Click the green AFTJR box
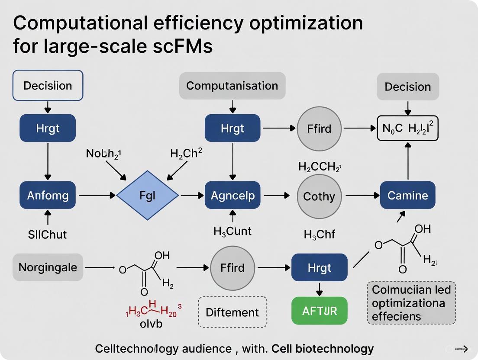320,310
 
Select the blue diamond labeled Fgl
148,195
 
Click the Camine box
407,195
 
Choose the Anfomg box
48,195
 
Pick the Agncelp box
233,195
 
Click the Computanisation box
232,86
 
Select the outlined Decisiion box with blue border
48,85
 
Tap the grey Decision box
407,87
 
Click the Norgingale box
48,267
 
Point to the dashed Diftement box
232,312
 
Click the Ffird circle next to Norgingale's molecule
232,268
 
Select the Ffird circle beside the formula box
319,128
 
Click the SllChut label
48,234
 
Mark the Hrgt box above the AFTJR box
320,267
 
